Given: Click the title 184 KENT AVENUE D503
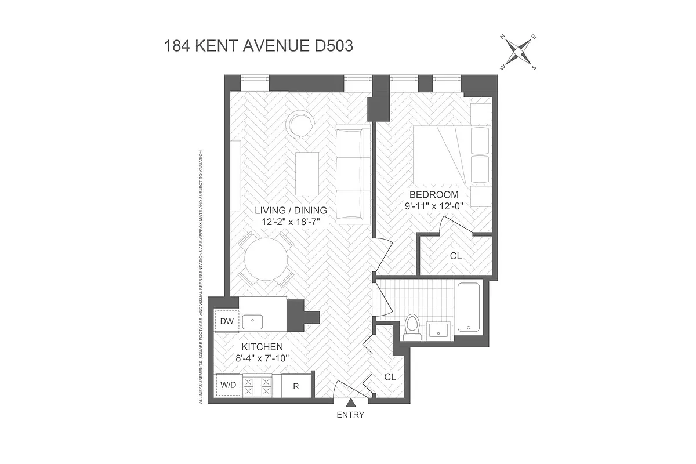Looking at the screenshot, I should point(259,46).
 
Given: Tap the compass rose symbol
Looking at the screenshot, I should point(519,53).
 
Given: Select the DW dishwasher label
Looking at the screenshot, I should point(227,321).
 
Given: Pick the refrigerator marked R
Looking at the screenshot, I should point(296,386).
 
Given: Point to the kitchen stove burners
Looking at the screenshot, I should point(258,386).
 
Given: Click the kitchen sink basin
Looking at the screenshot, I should point(253,320).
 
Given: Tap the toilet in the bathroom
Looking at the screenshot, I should point(412,327).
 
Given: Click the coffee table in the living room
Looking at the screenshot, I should point(307,173).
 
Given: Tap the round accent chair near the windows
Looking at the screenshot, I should point(302,124).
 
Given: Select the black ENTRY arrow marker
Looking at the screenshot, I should point(350,403).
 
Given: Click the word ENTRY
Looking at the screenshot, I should point(350,415).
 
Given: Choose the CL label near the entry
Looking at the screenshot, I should point(390,376).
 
